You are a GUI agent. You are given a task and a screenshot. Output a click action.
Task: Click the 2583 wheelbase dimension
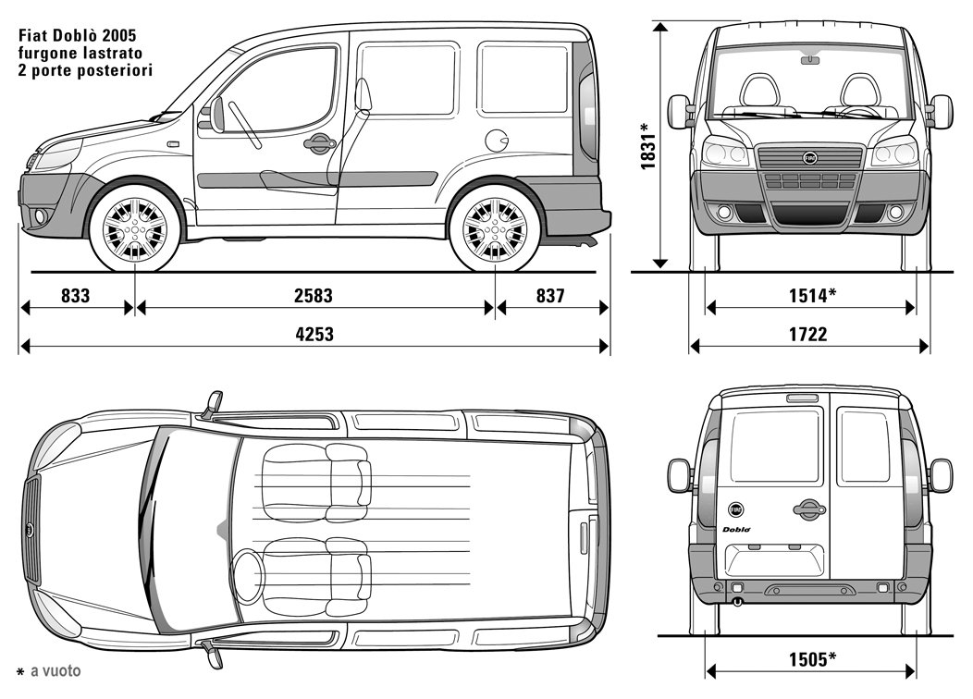314,295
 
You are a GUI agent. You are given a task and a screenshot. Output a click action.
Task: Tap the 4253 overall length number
314,335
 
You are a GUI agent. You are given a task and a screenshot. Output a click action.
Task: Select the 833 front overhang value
75,295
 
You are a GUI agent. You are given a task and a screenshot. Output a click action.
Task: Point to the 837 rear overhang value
550,295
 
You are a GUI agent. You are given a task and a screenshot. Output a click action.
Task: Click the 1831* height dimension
647,146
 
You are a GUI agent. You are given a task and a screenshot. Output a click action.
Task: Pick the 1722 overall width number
808,335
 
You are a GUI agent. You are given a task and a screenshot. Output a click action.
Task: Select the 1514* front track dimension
812,295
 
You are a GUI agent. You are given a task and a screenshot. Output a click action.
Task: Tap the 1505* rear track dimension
812,658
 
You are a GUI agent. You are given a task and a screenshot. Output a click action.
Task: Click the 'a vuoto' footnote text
55,670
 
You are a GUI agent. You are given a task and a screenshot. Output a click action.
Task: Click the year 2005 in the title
119,35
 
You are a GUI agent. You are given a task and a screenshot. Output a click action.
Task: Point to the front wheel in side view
135,228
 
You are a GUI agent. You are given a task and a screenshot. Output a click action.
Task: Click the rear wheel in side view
495,228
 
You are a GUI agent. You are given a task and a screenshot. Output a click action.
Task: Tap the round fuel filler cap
497,141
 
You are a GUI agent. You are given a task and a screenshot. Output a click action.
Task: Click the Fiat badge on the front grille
810,158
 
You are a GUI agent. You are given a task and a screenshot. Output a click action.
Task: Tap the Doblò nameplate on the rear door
736,529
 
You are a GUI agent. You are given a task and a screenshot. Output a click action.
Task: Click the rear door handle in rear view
810,509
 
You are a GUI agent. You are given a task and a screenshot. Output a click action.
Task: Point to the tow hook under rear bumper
736,601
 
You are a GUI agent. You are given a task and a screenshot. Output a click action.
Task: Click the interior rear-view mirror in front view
809,59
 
